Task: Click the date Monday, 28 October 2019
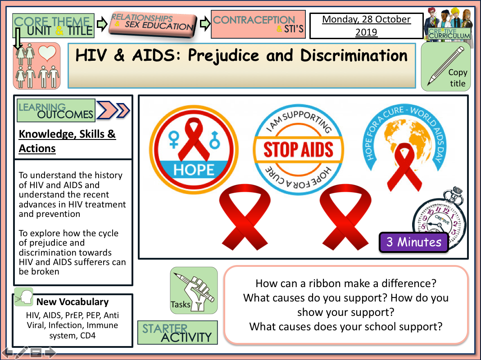[x=366, y=26]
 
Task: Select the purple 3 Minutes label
[x=414, y=242]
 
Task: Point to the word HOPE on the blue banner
[x=194, y=170]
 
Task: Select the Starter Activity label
[x=177, y=333]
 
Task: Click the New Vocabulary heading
[x=72, y=302]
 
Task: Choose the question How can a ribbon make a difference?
[x=345, y=283]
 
